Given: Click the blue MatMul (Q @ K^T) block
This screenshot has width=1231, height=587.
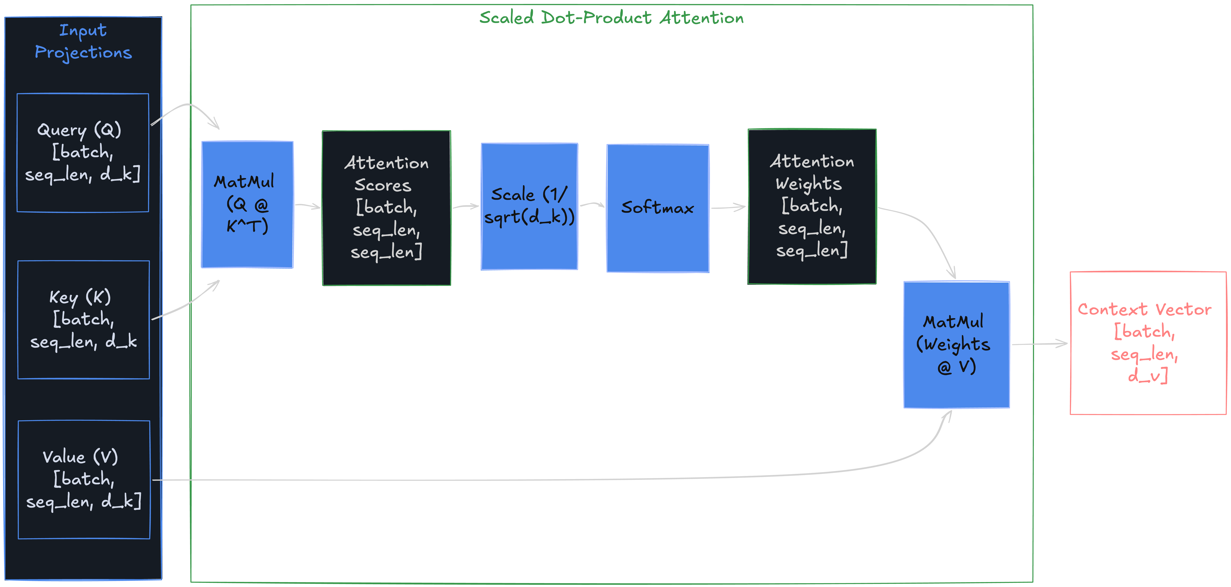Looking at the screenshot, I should pos(247,204).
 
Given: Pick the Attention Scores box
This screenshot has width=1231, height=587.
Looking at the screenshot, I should pos(386,208).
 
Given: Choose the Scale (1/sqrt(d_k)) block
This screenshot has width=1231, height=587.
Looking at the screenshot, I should pos(529,206).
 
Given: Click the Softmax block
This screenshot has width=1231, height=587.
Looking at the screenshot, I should pos(658,208).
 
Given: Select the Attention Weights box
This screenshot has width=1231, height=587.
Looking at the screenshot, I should pos(812,206).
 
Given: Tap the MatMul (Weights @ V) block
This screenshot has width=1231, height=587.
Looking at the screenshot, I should pos(956,344).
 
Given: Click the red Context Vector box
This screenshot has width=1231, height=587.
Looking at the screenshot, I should pos(1148,343).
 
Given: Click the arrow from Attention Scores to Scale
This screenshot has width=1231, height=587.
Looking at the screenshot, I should pos(465,206).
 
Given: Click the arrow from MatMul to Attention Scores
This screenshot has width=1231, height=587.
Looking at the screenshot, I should pos(307,206).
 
